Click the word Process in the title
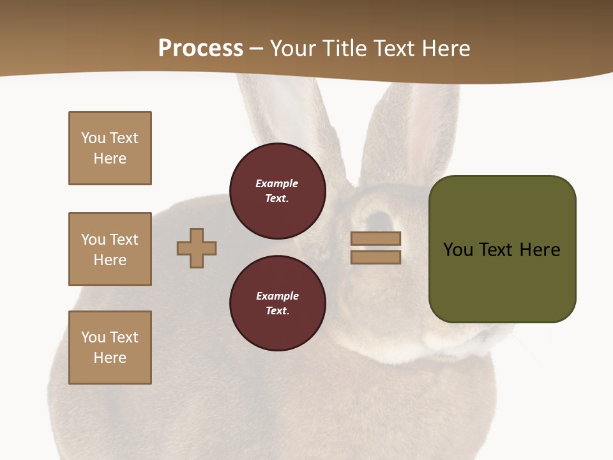pyautogui.click(x=201, y=49)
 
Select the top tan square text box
pyautogui.click(x=110, y=148)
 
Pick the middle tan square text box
pyautogui.click(x=110, y=249)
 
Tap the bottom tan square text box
pyautogui.click(x=110, y=348)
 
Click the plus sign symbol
pyautogui.click(x=197, y=248)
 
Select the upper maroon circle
pyautogui.click(x=277, y=191)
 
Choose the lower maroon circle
pyautogui.click(x=277, y=303)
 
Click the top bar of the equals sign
pyautogui.click(x=375, y=238)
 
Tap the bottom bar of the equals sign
pyautogui.click(x=375, y=257)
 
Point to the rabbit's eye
pyautogui.click(x=381, y=220)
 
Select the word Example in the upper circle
pyautogui.click(x=277, y=183)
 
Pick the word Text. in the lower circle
pyautogui.click(x=277, y=311)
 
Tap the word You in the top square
pyautogui.click(x=93, y=138)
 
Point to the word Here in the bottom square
pyautogui.click(x=110, y=358)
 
